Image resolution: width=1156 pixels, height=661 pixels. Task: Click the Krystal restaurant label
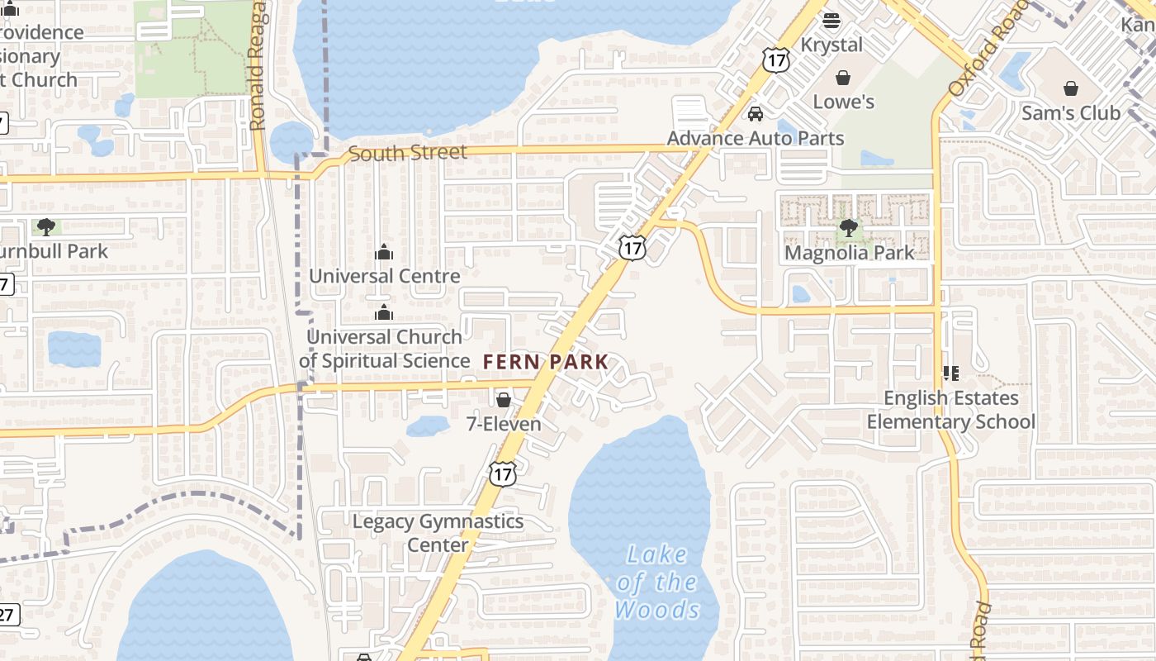coord(831,45)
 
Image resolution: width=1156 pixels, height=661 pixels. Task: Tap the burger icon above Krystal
coord(831,21)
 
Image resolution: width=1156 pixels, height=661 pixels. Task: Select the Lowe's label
coord(843,102)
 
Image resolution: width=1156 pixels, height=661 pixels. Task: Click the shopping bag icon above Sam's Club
coord(1070,88)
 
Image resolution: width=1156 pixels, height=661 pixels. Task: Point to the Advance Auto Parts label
coord(756,138)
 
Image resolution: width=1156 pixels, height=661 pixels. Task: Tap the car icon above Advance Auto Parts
coord(755,114)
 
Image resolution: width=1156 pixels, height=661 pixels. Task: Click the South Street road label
coord(407,153)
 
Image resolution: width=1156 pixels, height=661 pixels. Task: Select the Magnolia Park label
coord(849,253)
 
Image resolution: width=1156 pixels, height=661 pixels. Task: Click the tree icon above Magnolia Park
coord(848,228)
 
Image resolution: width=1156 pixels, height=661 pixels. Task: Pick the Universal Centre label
coord(384,276)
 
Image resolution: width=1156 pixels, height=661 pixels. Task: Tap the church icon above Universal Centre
coord(384,252)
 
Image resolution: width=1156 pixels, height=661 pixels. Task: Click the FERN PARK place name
coord(546,362)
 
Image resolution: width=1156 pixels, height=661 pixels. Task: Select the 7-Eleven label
coord(504,425)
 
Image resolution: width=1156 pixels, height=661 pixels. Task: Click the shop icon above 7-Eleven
coord(503,400)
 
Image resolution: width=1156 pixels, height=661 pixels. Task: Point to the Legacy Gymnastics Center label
coord(438,533)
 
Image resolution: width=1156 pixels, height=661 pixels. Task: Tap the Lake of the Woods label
coord(657,582)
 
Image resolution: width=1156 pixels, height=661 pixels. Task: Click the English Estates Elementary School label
coord(950,410)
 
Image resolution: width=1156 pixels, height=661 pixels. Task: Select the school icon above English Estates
coord(950,373)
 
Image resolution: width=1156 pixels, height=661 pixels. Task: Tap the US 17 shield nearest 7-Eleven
coord(502,473)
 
